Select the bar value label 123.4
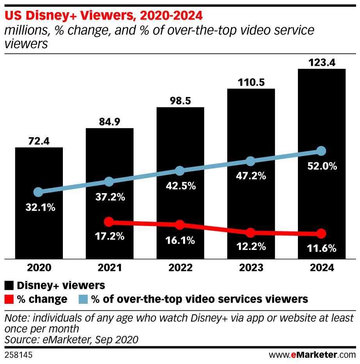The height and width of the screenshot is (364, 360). (x=321, y=62)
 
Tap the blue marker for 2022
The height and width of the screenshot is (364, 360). (x=180, y=171)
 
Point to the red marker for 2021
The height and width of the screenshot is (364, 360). (x=109, y=222)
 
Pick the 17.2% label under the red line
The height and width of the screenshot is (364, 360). (x=109, y=236)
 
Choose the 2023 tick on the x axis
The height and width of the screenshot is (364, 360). (x=251, y=269)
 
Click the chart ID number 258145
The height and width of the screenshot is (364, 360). (x=18, y=355)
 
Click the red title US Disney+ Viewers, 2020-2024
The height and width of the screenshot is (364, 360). (x=103, y=16)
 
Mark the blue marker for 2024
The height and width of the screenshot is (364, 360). (x=321, y=151)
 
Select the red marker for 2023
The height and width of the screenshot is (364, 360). (x=251, y=233)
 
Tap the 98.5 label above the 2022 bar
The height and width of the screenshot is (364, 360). (x=180, y=101)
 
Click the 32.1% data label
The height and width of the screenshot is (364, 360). (x=39, y=207)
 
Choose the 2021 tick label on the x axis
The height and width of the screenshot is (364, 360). (x=109, y=269)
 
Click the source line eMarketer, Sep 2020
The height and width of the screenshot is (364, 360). (x=71, y=340)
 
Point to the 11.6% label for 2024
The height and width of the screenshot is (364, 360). (x=321, y=248)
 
